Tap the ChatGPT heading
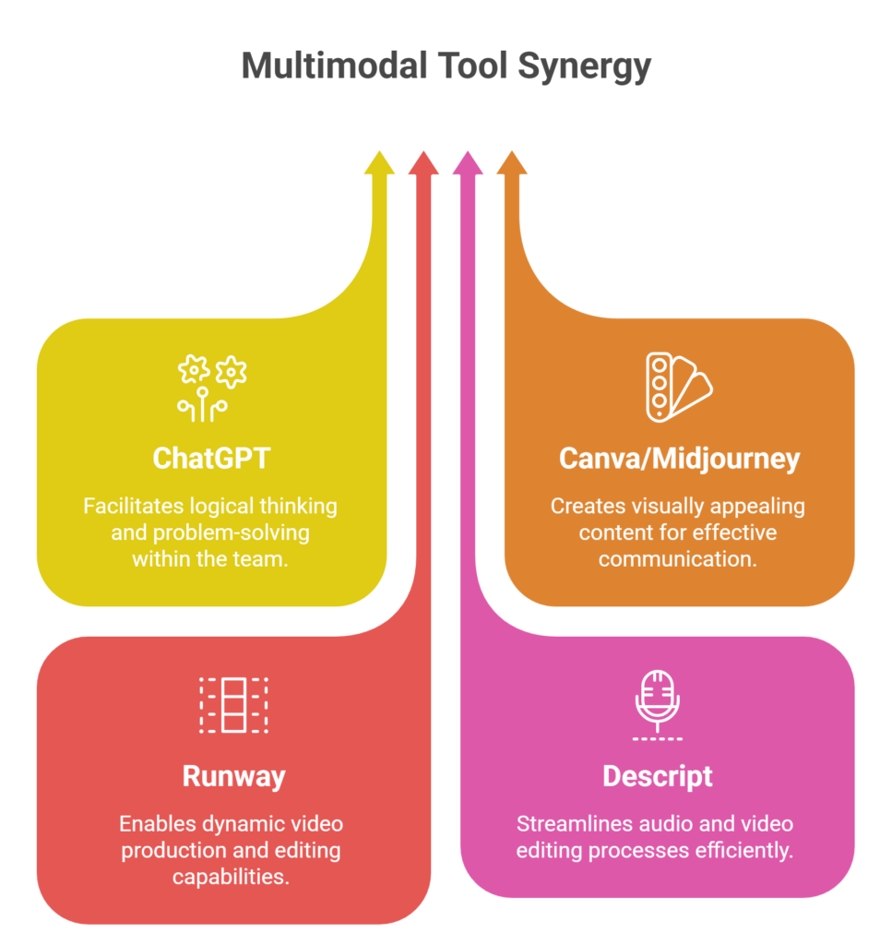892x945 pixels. click(x=211, y=458)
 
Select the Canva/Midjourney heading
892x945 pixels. click(x=679, y=459)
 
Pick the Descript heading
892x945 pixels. click(x=658, y=776)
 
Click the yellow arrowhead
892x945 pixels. click(x=379, y=163)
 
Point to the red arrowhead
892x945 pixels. click(x=423, y=163)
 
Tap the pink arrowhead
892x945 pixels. click(x=468, y=163)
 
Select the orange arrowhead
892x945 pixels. click(x=512, y=163)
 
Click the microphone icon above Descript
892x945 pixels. click(x=658, y=705)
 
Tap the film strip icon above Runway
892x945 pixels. click(x=233, y=705)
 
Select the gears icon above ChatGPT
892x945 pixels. click(x=212, y=388)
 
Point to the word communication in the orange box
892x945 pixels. click(x=678, y=558)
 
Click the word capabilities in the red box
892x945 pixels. click(x=232, y=876)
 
